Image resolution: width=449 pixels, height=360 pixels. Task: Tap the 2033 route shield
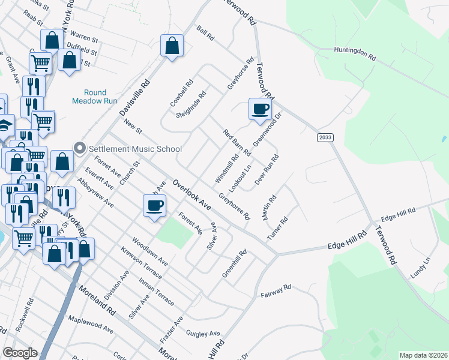tap(325, 137)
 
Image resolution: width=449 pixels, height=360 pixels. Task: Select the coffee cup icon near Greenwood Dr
tap(259, 109)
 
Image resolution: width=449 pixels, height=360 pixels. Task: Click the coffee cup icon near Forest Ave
tap(154, 206)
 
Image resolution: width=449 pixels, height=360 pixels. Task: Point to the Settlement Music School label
tap(135, 149)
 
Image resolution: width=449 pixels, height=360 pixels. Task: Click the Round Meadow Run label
tap(89, 97)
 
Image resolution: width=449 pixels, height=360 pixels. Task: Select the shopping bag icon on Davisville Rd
tap(172, 46)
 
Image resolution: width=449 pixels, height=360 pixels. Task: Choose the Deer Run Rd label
tap(267, 170)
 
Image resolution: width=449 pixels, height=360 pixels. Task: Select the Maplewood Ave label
tap(91, 325)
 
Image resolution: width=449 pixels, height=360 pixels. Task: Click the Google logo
tap(20, 353)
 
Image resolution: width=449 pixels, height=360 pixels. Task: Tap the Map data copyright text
tap(423, 355)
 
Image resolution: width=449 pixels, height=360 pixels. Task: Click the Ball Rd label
tap(205, 32)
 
